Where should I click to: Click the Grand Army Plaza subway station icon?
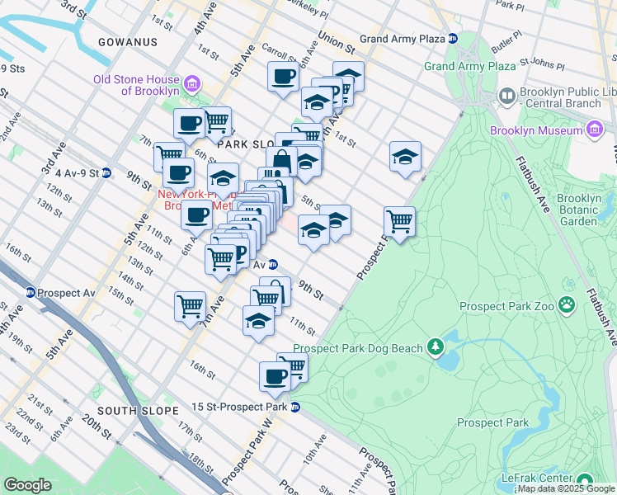452,39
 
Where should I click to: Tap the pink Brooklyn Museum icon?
596,130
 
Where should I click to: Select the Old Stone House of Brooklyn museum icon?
191,83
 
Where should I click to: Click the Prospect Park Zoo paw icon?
567,306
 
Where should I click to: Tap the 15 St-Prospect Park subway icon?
294,407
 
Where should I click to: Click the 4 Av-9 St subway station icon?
106,173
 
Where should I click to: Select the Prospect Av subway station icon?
31,292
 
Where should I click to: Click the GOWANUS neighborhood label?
128,41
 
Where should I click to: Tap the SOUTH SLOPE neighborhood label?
137,410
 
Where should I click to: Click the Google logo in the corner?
28,484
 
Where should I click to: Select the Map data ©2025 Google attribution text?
566,488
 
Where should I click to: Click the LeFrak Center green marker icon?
585,480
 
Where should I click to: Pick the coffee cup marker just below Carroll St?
284,77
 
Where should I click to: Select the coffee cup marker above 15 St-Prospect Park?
276,376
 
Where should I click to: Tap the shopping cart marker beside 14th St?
191,306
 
